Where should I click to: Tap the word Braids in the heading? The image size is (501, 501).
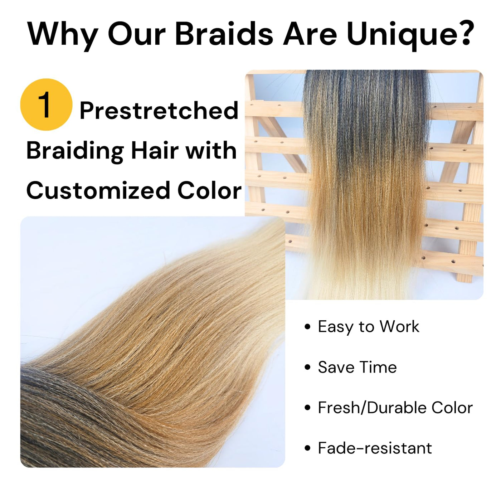click(224, 33)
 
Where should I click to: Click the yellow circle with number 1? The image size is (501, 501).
click(46, 104)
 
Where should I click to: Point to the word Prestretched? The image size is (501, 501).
click(159, 111)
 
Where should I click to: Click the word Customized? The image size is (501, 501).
click(98, 190)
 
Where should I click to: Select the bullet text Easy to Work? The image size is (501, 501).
click(368, 327)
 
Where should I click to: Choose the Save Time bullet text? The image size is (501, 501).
click(357, 367)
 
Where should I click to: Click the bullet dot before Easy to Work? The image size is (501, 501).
click(307, 327)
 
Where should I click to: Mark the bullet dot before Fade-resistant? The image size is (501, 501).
click(307, 448)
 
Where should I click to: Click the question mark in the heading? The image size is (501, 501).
click(464, 33)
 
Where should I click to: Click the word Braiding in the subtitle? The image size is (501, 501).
click(75, 152)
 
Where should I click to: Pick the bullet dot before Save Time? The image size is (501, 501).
click(307, 368)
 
